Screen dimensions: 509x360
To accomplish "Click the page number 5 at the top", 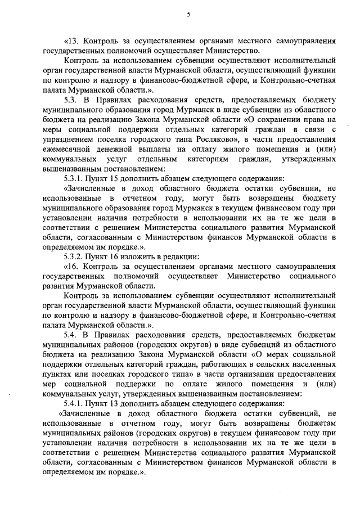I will pos(188,15).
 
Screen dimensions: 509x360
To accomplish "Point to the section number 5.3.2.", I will pos(77,256).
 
